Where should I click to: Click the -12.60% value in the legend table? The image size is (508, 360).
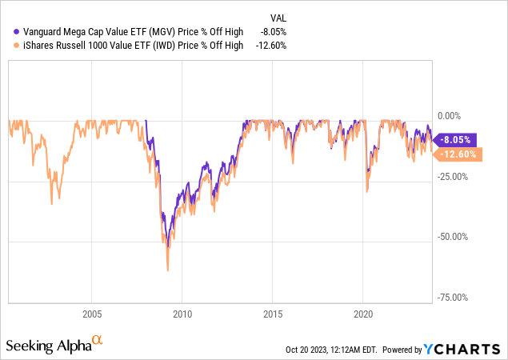coord(271,46)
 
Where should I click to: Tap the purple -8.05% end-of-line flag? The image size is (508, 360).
coord(457,138)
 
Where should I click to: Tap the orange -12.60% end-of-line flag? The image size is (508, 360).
coord(458,154)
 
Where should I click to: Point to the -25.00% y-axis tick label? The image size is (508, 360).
coord(454,176)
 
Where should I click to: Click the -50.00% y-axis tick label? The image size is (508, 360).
coord(454,236)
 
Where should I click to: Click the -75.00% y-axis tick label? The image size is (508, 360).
coord(454,296)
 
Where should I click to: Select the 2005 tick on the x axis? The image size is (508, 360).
coord(91,314)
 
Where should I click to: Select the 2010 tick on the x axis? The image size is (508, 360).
coord(182,314)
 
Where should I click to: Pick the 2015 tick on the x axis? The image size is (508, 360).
coord(273,314)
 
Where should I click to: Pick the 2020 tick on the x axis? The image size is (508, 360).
coord(363,314)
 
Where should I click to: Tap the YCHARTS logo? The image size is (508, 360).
coord(467,350)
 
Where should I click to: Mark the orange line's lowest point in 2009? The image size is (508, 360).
coord(168,270)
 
